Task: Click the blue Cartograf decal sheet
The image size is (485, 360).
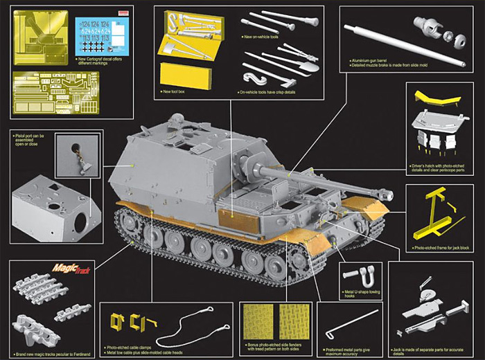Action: pos(102,35)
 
